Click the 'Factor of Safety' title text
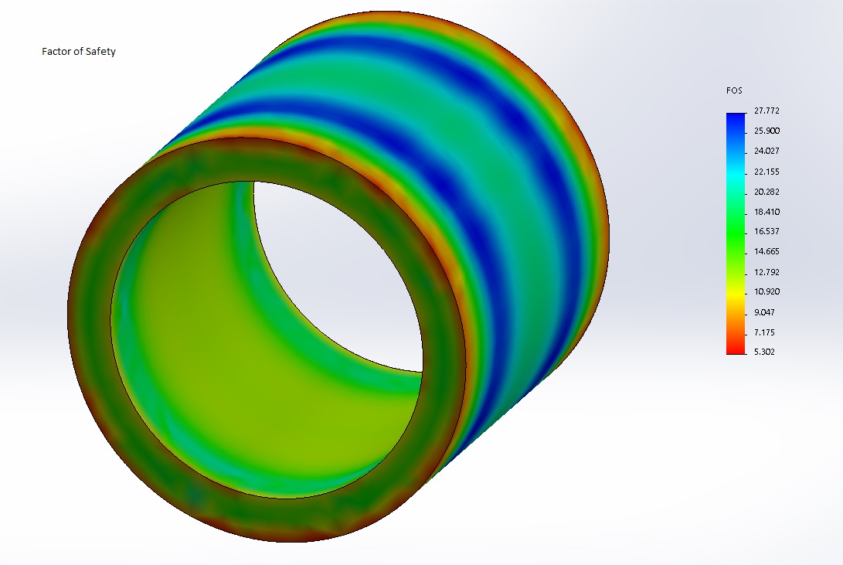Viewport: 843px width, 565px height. pyautogui.click(x=78, y=52)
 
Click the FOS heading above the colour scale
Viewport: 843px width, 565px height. pyautogui.click(x=734, y=91)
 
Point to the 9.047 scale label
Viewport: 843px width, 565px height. pyautogui.click(x=764, y=312)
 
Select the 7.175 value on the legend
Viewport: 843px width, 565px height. pyautogui.click(x=764, y=332)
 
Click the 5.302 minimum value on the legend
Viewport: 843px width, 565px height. pyautogui.click(x=764, y=352)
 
